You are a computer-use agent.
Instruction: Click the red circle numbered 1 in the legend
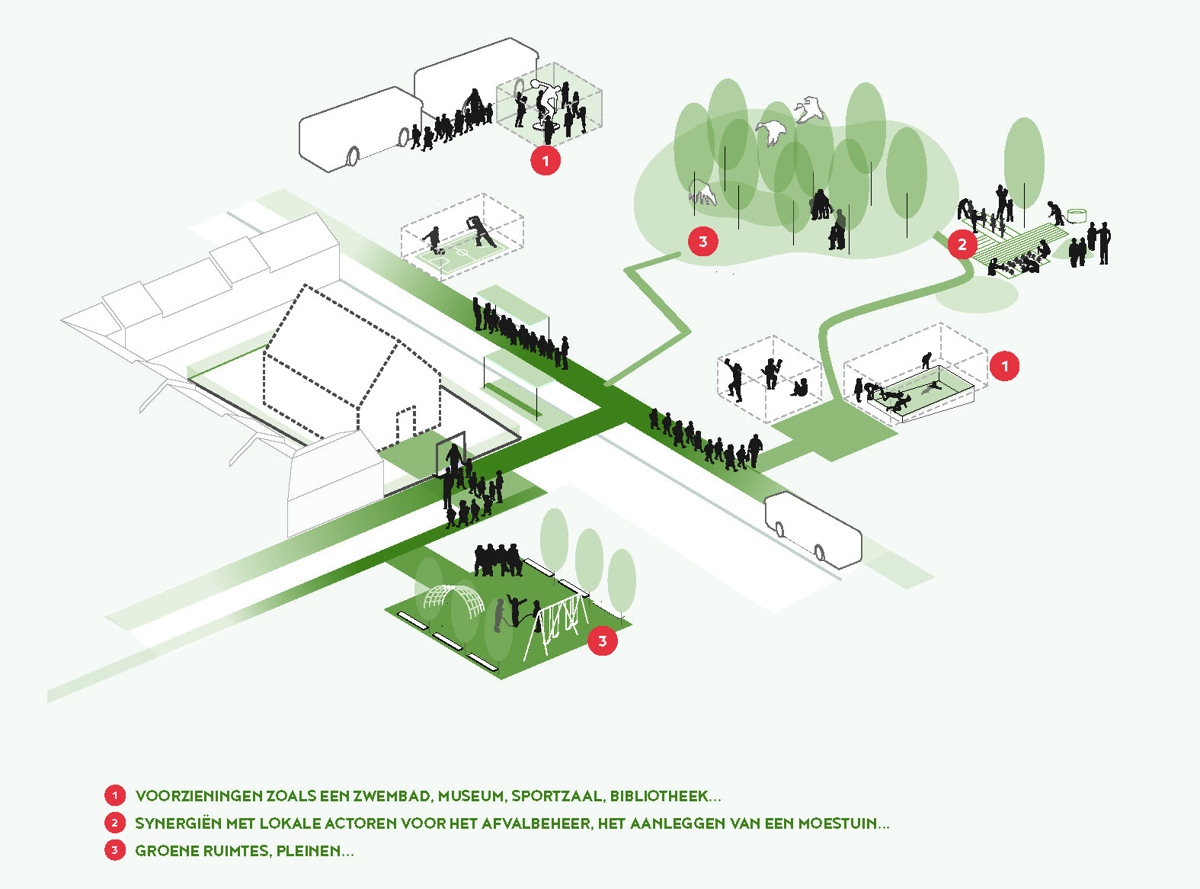[x=115, y=796]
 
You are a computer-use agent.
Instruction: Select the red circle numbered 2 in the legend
[x=115, y=823]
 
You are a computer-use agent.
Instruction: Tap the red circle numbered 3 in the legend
[x=115, y=851]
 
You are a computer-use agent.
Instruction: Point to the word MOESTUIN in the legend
[x=837, y=823]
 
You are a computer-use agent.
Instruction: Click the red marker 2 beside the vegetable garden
[x=962, y=244]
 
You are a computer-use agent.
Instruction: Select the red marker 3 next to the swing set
[x=603, y=640]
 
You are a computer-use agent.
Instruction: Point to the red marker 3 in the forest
[x=703, y=242]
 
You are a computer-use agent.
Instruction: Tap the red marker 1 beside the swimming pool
[x=1005, y=366]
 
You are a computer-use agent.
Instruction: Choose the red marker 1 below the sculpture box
[x=546, y=161]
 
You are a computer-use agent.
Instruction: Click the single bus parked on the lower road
[x=813, y=529]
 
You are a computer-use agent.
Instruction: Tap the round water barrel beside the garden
[x=1077, y=216]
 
